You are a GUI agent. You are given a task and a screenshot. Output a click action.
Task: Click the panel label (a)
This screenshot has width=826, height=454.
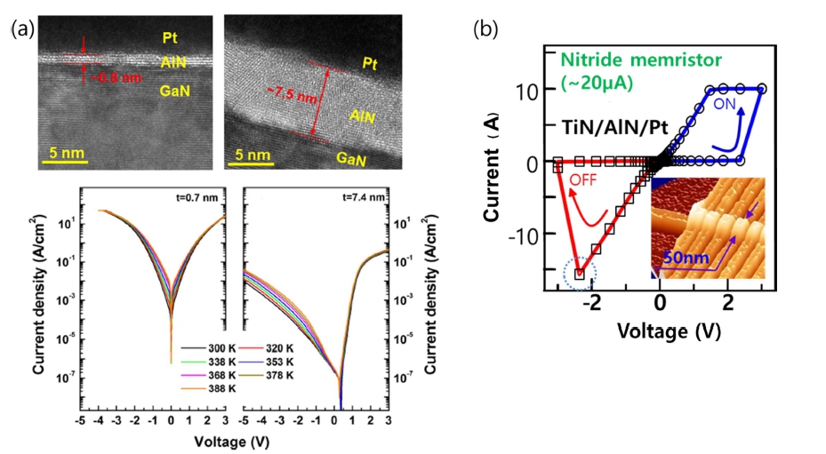point(21,30)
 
